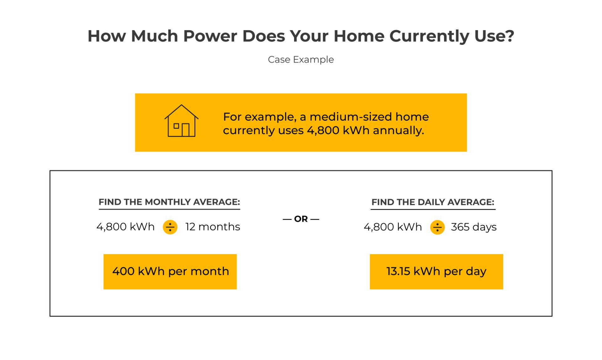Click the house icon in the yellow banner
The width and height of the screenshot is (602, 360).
point(181,121)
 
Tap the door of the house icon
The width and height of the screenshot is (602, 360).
point(186,130)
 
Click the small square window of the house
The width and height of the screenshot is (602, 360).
point(176,126)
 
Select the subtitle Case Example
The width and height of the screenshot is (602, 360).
point(301,60)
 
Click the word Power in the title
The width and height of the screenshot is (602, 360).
point(210,36)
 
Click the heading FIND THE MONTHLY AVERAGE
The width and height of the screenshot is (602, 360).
point(169,202)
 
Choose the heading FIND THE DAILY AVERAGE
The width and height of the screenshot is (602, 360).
point(433,202)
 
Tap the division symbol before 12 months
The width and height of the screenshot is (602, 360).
point(170,227)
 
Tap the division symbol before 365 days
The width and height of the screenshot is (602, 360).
point(437,227)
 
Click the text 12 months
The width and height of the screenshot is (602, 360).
point(213,227)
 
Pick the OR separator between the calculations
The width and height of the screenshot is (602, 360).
point(301,219)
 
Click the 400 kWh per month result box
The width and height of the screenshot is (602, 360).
point(170,271)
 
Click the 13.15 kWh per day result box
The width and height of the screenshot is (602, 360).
point(436,271)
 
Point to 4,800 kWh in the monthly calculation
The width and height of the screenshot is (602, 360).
point(125,227)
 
